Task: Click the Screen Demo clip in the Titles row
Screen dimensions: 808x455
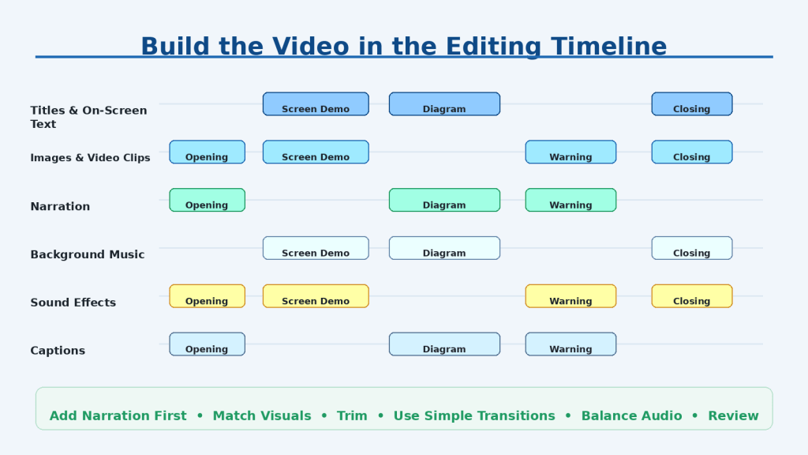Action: tap(316, 104)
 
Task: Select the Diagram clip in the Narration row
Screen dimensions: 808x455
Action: tap(444, 200)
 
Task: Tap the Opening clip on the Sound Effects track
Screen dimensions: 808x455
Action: tap(208, 296)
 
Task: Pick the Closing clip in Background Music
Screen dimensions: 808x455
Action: tap(691, 248)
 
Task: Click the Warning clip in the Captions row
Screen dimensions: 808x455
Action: tap(570, 344)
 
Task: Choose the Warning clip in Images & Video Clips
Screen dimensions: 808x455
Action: tap(570, 152)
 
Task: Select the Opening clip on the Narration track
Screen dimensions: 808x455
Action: tap(208, 200)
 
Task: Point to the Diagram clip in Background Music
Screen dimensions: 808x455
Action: tap(444, 248)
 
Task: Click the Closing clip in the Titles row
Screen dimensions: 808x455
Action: tap(691, 104)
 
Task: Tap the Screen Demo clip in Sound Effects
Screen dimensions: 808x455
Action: tap(316, 296)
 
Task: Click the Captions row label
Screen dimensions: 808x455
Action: tap(58, 351)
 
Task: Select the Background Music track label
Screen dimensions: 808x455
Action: tap(88, 254)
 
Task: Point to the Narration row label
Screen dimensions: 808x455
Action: tap(60, 206)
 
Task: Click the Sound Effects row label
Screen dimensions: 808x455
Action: tap(73, 303)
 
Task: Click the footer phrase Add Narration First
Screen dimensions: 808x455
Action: tap(118, 416)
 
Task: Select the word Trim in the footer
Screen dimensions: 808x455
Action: tap(352, 416)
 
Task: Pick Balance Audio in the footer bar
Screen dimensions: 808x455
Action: tap(631, 416)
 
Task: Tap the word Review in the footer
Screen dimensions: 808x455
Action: tap(733, 416)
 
